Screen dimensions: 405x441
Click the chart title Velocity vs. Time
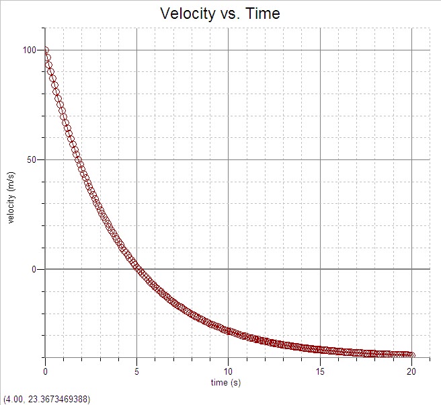tap(220, 13)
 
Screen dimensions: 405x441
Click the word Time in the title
tap(262, 13)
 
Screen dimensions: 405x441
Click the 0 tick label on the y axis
tap(34, 269)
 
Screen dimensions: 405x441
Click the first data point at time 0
tap(46, 50)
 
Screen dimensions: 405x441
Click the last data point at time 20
tap(411, 355)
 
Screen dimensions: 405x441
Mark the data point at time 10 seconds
tap(228, 331)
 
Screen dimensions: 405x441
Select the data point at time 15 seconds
tap(319, 348)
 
